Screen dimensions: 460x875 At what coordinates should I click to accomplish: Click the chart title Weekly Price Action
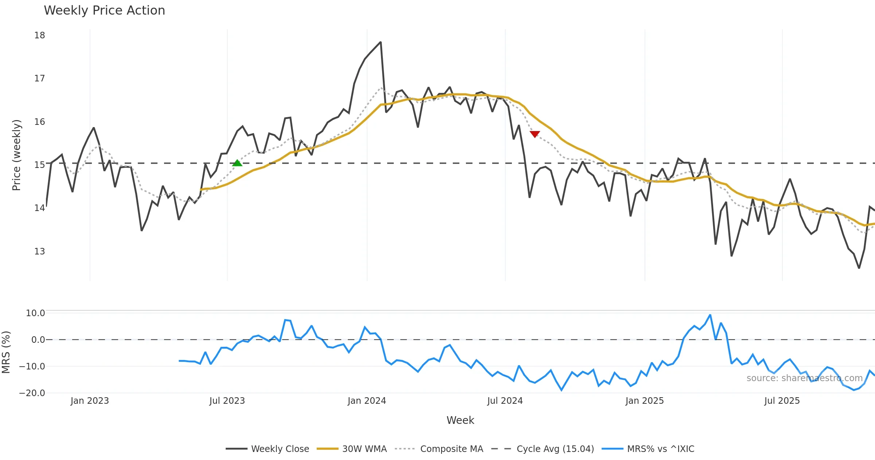[x=104, y=11]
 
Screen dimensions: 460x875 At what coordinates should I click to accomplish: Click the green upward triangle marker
[x=237, y=163]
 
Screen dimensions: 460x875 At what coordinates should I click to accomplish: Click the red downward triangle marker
[x=534, y=134]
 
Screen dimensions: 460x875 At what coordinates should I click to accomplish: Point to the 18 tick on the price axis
[x=40, y=35]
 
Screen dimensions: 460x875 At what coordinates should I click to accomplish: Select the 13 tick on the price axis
[x=40, y=252]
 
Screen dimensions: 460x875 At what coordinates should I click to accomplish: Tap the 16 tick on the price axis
[x=40, y=122]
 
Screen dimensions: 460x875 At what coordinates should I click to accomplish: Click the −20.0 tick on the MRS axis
[x=32, y=393]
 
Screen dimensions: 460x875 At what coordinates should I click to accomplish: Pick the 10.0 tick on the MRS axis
[x=35, y=313]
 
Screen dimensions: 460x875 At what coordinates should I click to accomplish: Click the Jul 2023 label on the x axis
[x=227, y=401]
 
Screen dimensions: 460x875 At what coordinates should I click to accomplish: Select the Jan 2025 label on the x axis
[x=645, y=401]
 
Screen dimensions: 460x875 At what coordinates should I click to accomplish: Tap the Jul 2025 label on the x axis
[x=782, y=401]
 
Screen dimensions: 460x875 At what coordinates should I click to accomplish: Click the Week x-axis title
[x=460, y=421]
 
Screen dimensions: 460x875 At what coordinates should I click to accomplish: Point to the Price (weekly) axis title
[x=16, y=155]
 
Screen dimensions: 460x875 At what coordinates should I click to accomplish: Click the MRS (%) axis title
[x=6, y=352]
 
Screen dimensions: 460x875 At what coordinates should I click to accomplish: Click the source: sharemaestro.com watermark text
[x=804, y=378]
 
